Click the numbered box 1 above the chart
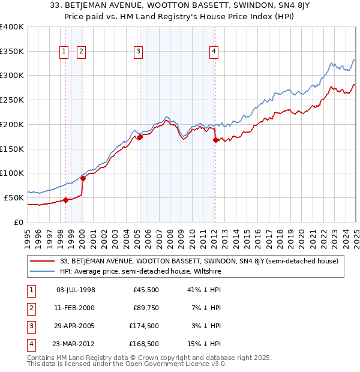tap(64, 52)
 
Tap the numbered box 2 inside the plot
tap(81, 52)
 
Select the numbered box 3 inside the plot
tap(138, 52)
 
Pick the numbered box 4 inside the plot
tap(214, 52)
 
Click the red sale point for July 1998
tap(65, 200)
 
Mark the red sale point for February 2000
tap(83, 178)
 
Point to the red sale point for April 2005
tap(140, 137)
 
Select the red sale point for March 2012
tap(215, 140)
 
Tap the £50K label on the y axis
tap(14, 197)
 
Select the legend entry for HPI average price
tap(140, 271)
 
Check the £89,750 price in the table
tap(145, 308)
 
